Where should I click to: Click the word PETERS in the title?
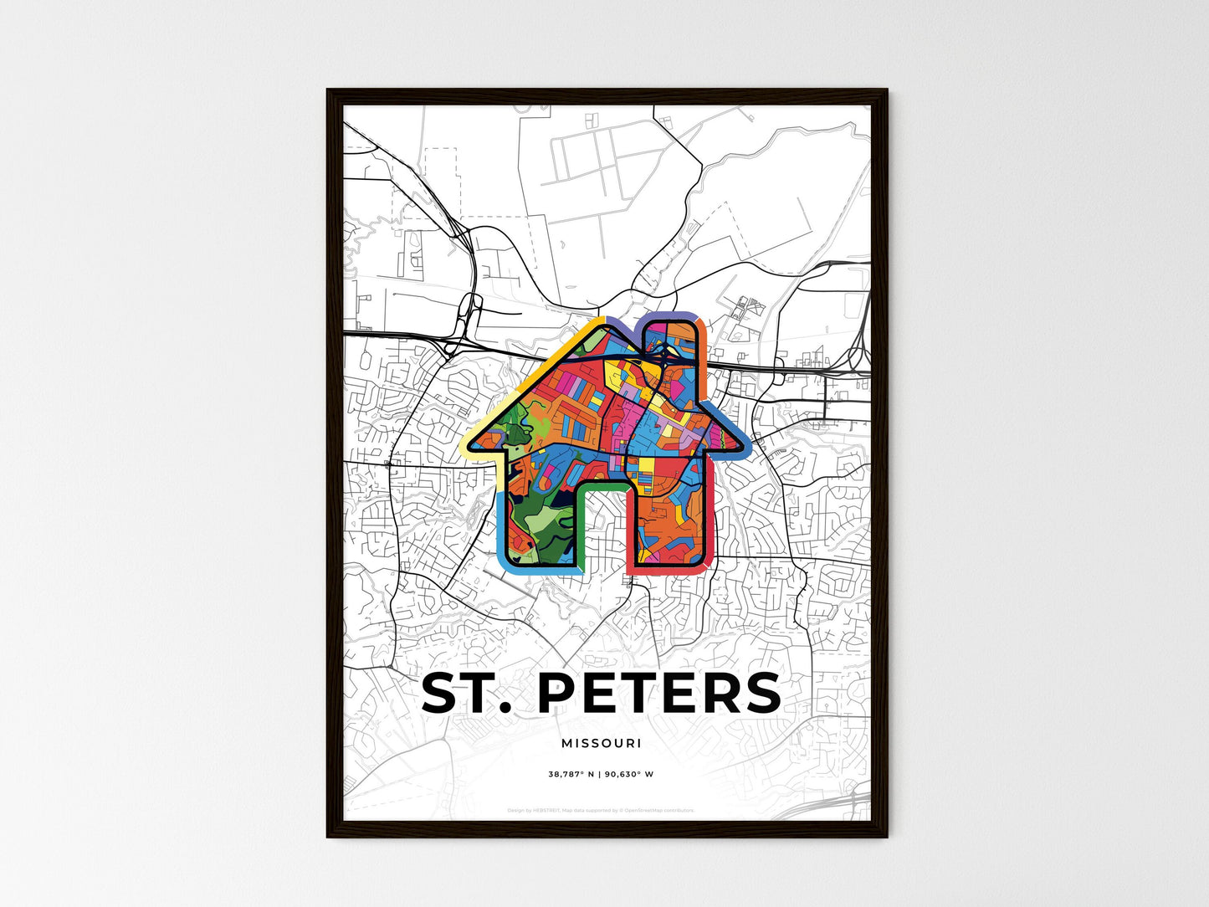(658, 694)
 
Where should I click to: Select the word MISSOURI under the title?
(602, 743)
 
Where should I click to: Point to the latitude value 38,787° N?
(571, 774)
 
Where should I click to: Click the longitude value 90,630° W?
(631, 774)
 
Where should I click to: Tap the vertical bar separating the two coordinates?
(601, 774)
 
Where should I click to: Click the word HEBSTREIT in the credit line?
(546, 810)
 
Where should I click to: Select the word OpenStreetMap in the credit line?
(645, 810)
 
